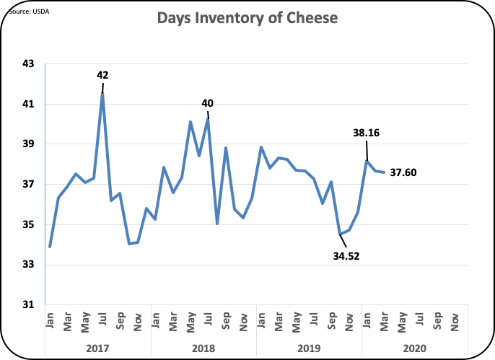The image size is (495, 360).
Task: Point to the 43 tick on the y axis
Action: pyautogui.click(x=28, y=63)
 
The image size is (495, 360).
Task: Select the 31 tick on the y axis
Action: pyautogui.click(x=28, y=305)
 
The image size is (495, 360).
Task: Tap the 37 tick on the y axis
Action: pyautogui.click(x=28, y=185)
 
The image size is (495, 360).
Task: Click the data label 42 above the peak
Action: pyautogui.click(x=103, y=74)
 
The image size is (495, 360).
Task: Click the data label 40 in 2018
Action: pyautogui.click(x=207, y=103)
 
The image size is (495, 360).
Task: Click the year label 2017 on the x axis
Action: pyautogui.click(x=97, y=348)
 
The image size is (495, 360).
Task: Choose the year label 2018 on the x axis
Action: pyautogui.click(x=203, y=348)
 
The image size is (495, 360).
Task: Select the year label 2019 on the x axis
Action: pyautogui.click(x=309, y=348)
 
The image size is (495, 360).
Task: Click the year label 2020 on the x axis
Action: pyautogui.click(x=414, y=348)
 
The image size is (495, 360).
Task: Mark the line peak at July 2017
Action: pyautogui.click(x=102, y=93)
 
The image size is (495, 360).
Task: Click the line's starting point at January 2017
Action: pyautogui.click(x=50, y=247)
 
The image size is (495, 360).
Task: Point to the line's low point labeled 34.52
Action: pyautogui.click(x=340, y=234)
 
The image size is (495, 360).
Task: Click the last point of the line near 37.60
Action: pyautogui.click(x=383, y=172)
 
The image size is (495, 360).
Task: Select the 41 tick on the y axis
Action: pyautogui.click(x=28, y=104)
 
